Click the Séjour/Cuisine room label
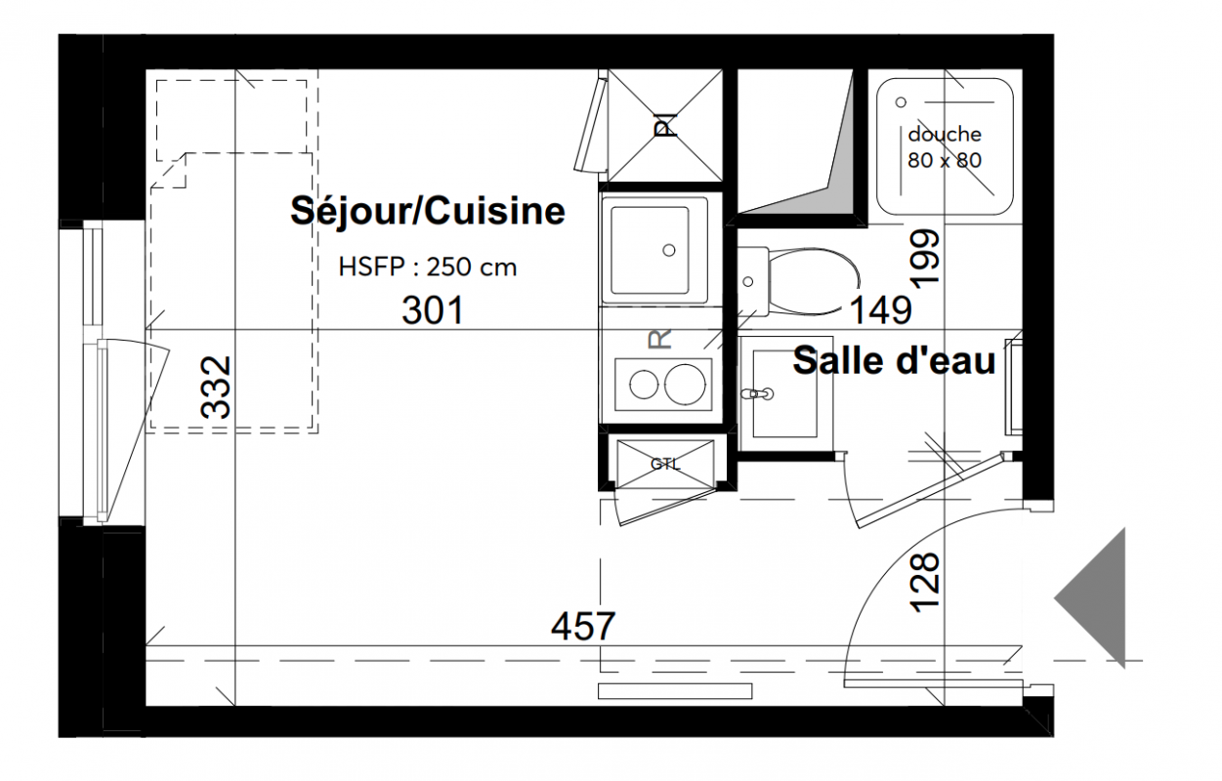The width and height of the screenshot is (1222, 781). (x=428, y=211)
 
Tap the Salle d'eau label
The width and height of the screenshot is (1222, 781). (x=894, y=360)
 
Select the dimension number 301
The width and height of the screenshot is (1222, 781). (x=433, y=309)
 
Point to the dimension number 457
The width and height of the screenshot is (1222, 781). (x=582, y=626)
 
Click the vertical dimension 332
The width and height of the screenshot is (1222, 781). (x=216, y=388)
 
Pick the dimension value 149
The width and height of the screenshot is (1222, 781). (x=881, y=309)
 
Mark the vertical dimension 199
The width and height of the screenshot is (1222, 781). (x=925, y=259)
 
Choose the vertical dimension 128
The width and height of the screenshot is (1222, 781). (x=925, y=583)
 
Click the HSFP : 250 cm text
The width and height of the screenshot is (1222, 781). (x=428, y=267)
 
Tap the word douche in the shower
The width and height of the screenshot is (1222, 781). (x=945, y=134)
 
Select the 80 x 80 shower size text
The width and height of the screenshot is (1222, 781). (x=945, y=160)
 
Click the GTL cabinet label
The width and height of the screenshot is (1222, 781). (x=665, y=464)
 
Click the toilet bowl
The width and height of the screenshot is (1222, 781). (x=813, y=282)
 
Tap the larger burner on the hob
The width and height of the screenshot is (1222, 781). (x=685, y=385)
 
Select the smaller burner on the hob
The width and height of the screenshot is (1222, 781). (x=644, y=386)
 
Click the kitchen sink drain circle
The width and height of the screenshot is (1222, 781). (x=669, y=250)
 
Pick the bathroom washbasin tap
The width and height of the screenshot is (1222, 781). (x=758, y=393)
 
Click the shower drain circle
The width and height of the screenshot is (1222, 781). (x=901, y=102)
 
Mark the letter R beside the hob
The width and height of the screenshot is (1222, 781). (x=659, y=339)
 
